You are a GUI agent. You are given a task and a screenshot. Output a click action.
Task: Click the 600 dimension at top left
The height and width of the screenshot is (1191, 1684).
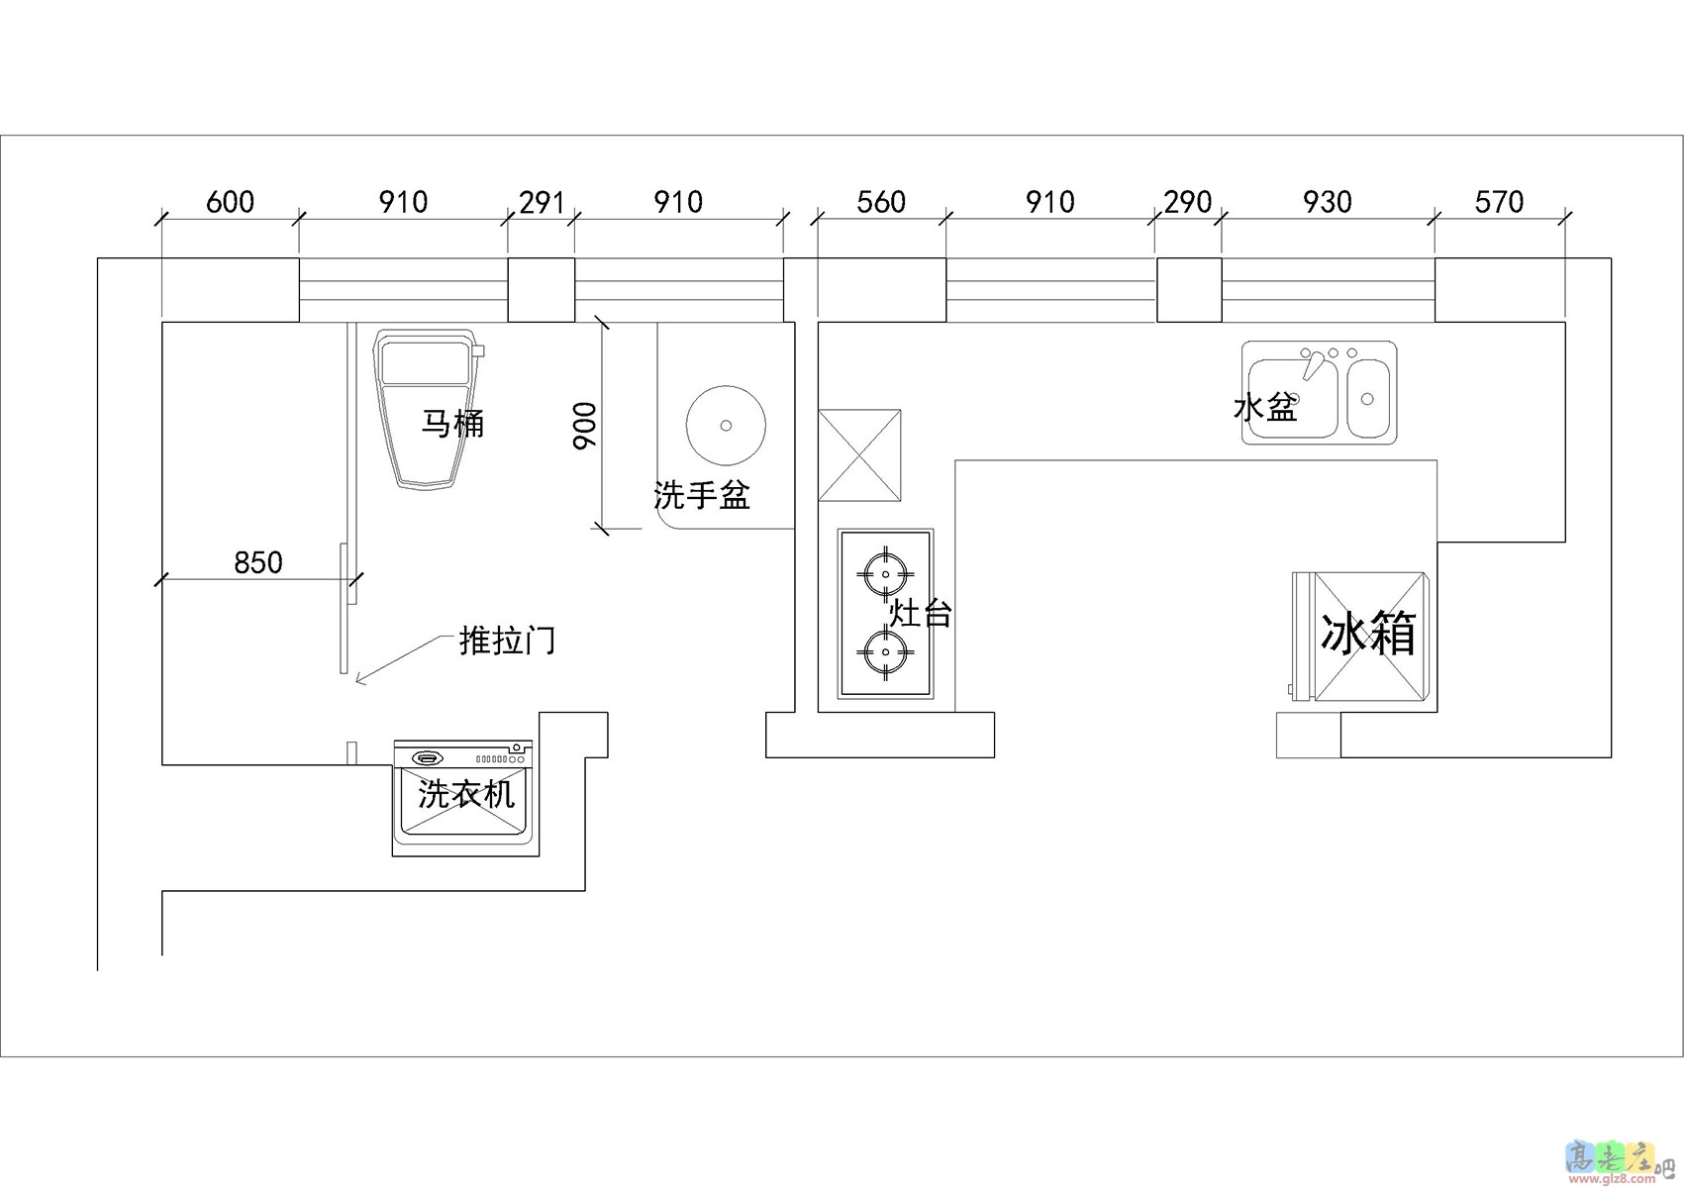tap(230, 202)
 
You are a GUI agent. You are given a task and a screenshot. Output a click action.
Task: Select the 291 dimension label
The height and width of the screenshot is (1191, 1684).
tap(542, 202)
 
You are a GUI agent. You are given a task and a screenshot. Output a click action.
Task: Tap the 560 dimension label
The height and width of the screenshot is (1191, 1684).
tap(881, 202)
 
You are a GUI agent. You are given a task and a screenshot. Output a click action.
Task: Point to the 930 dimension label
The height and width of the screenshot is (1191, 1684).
tap(1327, 202)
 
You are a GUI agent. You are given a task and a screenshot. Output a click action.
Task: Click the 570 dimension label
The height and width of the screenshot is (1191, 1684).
tap(1499, 202)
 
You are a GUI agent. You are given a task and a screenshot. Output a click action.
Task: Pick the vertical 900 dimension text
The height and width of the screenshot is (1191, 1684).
tap(585, 426)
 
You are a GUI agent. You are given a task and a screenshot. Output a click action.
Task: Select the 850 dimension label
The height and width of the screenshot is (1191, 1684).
tap(257, 562)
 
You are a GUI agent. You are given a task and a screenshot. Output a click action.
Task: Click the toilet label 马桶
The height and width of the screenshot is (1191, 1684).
tap(452, 424)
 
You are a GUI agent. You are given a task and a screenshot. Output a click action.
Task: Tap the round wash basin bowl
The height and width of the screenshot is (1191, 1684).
tap(726, 426)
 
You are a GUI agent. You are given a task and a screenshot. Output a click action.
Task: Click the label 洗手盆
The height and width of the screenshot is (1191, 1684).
tap(702, 495)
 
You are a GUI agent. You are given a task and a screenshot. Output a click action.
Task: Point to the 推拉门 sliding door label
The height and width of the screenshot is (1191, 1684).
tap(507, 641)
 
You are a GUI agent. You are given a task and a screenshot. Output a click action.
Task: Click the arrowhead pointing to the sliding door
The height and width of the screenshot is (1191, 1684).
tap(359, 679)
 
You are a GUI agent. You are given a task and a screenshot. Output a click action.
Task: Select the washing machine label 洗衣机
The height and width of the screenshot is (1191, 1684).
tap(465, 794)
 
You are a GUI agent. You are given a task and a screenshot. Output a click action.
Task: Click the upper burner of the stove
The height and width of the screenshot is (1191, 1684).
tap(885, 573)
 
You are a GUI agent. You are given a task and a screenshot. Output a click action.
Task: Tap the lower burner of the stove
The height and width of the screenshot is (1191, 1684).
tap(885, 651)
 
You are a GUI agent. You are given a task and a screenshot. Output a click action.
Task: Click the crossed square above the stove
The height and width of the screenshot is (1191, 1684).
tap(859, 455)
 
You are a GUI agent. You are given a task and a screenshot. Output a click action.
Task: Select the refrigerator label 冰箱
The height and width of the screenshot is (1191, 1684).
tap(1368, 634)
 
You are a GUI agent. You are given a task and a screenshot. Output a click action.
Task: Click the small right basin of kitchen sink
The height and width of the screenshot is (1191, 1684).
tap(1367, 399)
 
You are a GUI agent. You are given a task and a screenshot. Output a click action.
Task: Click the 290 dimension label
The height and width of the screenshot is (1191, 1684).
tap(1188, 202)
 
